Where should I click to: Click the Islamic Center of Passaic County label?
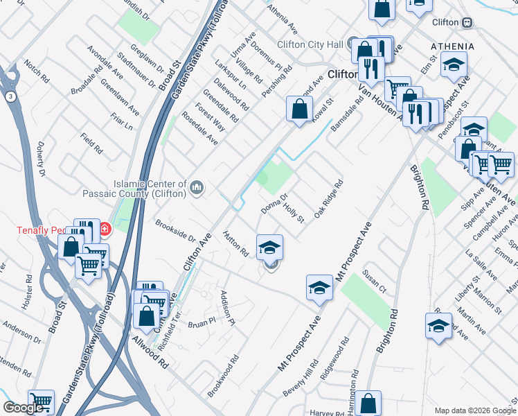[x=135, y=189]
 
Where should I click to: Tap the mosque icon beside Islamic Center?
[x=197, y=187]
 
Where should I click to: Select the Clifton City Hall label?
[x=310, y=44]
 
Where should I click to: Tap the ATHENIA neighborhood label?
[x=452, y=46]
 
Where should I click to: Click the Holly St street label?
[x=296, y=214]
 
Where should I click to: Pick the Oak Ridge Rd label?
[x=329, y=200]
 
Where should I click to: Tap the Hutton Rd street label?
[x=235, y=244]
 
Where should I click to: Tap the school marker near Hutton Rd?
[x=269, y=246]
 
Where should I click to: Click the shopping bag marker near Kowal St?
[x=299, y=109]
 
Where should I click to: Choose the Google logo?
[x=23, y=408]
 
